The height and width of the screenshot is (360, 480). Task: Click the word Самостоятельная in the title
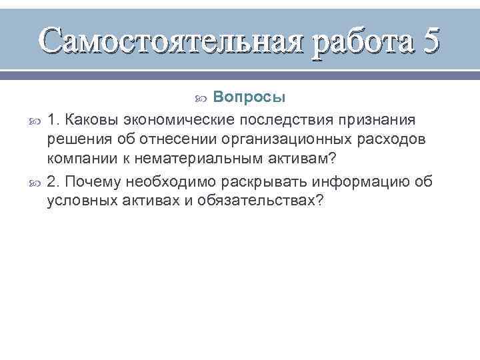tap(170, 41)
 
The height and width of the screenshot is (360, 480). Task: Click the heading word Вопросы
tap(250, 97)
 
